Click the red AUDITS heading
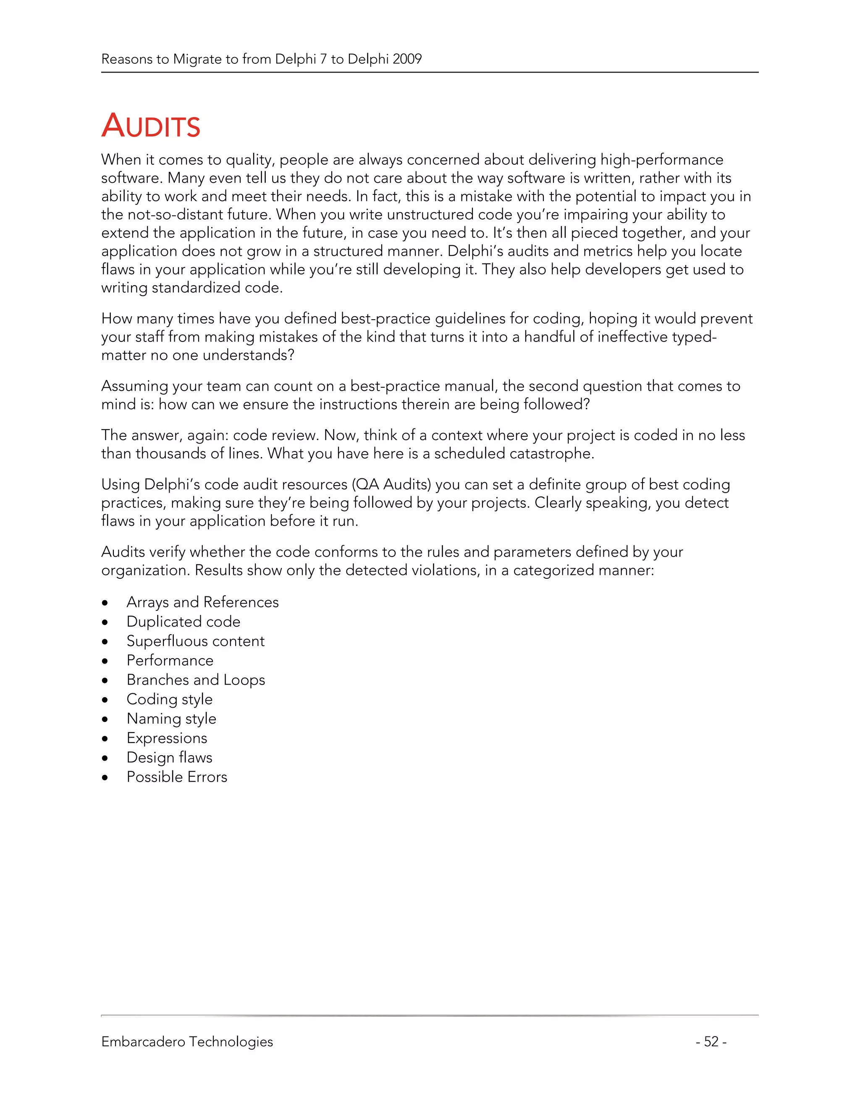pyautogui.click(x=151, y=126)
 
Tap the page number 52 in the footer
pyautogui.click(x=711, y=1042)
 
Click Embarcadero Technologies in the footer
pyautogui.click(x=187, y=1042)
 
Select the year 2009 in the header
pyautogui.click(x=407, y=59)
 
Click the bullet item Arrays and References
pyautogui.click(x=202, y=602)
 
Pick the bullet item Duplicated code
pyautogui.click(x=183, y=622)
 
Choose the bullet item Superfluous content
pyautogui.click(x=195, y=641)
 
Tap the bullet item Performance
pyautogui.click(x=170, y=661)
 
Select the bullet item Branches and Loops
pyautogui.click(x=196, y=680)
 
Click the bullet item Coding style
pyautogui.click(x=169, y=699)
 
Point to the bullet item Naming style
pyautogui.click(x=171, y=719)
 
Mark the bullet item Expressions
pyautogui.click(x=167, y=738)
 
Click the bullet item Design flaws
pyautogui.click(x=169, y=758)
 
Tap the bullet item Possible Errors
pyautogui.click(x=176, y=777)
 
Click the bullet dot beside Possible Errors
pyautogui.click(x=105, y=778)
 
